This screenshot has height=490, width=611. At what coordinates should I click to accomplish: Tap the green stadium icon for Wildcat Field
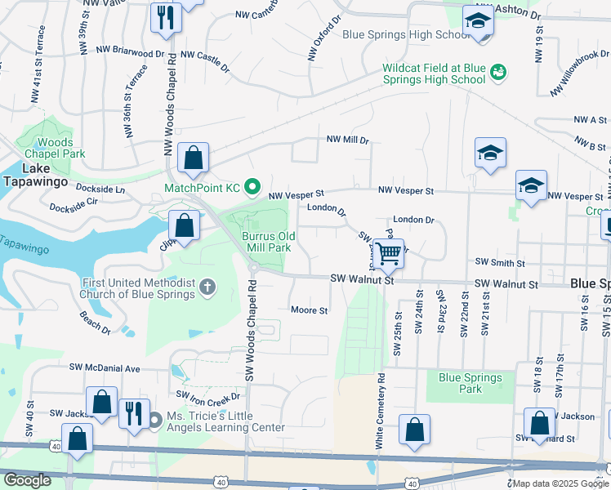(x=497, y=73)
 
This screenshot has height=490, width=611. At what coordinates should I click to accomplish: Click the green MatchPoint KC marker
(x=252, y=188)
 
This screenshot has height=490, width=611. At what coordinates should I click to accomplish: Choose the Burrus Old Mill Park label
(x=266, y=241)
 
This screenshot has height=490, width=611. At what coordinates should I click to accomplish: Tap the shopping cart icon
(x=390, y=253)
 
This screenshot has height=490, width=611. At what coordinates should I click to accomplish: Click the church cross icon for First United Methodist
(x=208, y=287)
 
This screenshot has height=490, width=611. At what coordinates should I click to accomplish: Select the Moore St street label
(x=310, y=310)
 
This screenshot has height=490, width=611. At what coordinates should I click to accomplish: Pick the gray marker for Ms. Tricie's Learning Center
(x=155, y=420)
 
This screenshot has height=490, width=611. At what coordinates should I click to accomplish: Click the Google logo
(x=27, y=479)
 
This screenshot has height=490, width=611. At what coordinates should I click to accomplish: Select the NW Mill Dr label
(x=348, y=140)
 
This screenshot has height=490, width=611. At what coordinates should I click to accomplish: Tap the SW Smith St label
(x=500, y=263)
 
